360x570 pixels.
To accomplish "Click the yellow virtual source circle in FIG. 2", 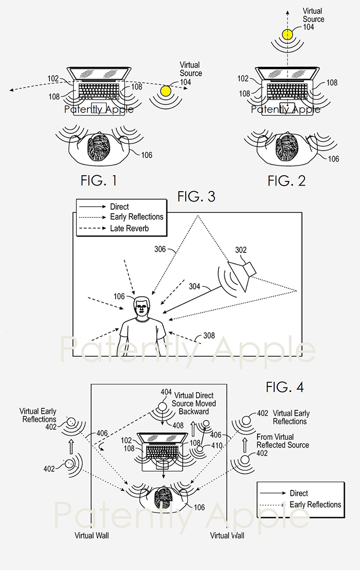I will click(286, 35).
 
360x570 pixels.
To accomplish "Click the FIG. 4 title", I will click(284, 387).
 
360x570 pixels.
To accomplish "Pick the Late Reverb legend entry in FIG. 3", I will click(129, 228).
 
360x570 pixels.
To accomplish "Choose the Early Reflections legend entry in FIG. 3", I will click(136, 217).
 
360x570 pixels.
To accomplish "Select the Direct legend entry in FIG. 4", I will click(299, 493).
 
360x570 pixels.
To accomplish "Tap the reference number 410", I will click(217, 447).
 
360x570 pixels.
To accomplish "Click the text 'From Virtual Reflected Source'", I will click(283, 440).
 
